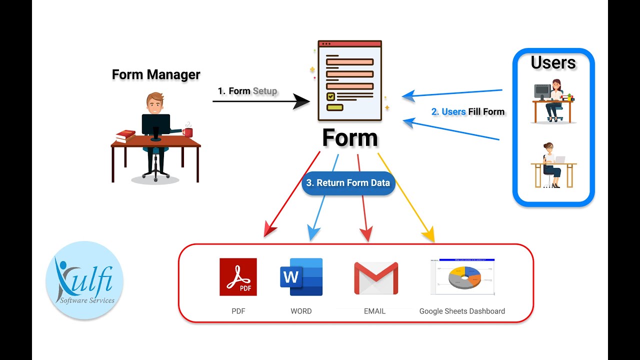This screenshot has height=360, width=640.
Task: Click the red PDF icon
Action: coord(238,277)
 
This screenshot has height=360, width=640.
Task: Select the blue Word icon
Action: coord(301,277)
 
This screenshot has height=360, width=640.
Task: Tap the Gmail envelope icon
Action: coord(376,278)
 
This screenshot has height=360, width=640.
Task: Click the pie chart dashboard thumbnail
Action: coord(462,277)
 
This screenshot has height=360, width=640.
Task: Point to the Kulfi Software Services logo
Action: coord(84,280)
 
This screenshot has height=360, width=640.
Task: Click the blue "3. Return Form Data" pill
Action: coord(348,183)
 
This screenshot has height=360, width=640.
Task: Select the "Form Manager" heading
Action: coord(156,74)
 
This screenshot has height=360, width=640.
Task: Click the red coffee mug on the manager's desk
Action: coord(187,132)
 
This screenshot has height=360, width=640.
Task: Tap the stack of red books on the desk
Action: coord(125,136)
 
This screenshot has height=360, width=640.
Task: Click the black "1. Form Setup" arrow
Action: coord(260,101)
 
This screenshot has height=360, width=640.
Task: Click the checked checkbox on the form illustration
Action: coord(330,96)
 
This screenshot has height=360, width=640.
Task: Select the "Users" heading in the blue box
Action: coord(553,63)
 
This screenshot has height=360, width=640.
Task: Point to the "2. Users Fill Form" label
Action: coord(468,111)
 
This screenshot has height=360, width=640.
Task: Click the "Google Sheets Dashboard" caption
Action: coord(462,311)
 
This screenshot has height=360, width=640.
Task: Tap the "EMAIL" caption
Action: coord(374,311)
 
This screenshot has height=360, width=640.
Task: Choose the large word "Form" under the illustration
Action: coord(350,137)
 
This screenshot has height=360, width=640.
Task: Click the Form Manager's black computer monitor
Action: coord(156,124)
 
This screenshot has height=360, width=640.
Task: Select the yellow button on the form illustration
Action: coord(334,107)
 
